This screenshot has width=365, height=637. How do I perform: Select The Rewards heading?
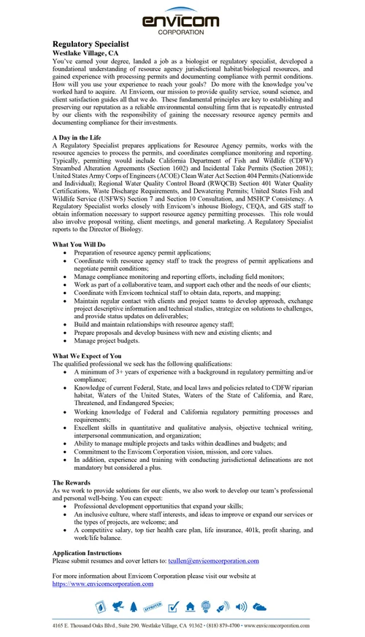tap(73, 483)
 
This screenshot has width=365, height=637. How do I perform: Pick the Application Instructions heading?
tap(91, 553)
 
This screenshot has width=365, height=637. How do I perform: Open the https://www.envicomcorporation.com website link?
tap(103, 584)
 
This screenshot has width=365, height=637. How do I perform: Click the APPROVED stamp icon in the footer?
tap(153, 606)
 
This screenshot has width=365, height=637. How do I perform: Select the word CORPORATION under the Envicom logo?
tap(182, 33)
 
